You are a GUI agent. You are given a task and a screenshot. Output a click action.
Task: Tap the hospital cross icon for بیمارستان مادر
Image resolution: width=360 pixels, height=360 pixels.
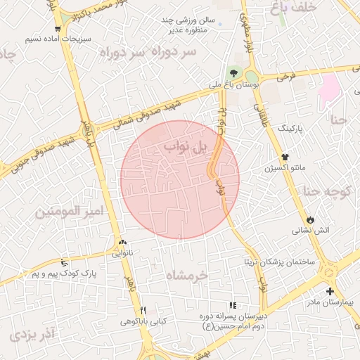coord(330,291)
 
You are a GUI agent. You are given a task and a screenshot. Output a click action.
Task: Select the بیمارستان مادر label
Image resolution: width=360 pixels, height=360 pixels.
coord(328,302)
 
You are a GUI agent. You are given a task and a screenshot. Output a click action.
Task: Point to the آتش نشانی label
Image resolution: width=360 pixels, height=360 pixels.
coord(310,230)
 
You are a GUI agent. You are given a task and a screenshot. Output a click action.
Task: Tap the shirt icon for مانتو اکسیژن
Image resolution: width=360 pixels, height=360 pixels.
coord(285,157)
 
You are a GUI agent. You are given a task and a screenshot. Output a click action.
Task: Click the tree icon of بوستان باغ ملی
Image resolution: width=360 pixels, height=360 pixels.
coord(233,72)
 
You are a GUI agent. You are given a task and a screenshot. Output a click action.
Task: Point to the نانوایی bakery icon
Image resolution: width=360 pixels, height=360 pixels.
coord(124,241)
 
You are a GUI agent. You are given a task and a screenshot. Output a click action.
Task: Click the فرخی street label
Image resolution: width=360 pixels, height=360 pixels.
coord(285,77)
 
